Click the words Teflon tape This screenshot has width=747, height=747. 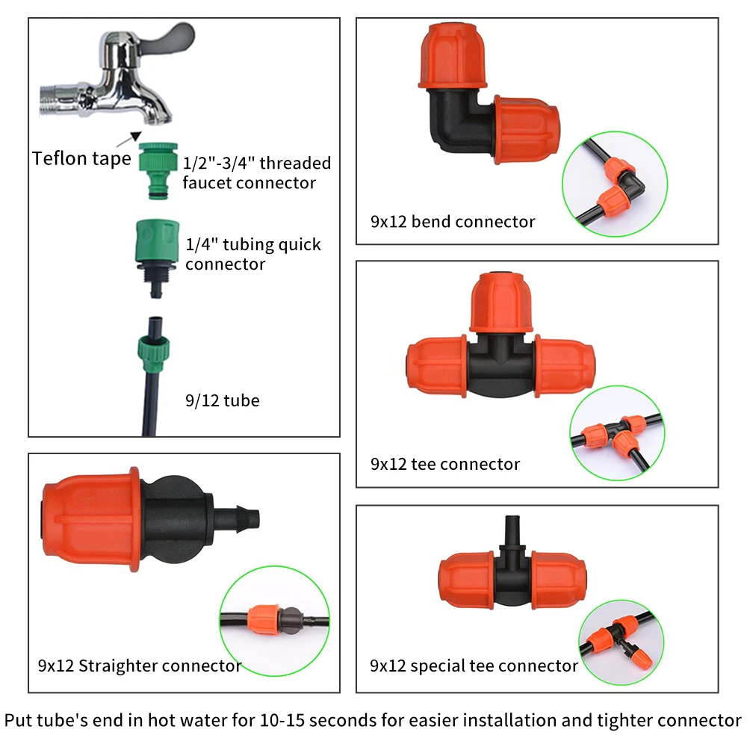[81, 158]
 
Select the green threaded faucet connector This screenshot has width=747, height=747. [158, 170]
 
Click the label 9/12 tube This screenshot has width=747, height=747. [223, 400]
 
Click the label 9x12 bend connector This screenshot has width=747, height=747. [453, 222]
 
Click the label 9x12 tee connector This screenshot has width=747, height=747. [445, 465]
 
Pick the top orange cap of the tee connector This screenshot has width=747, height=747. [501, 303]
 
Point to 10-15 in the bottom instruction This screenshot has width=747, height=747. [282, 720]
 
